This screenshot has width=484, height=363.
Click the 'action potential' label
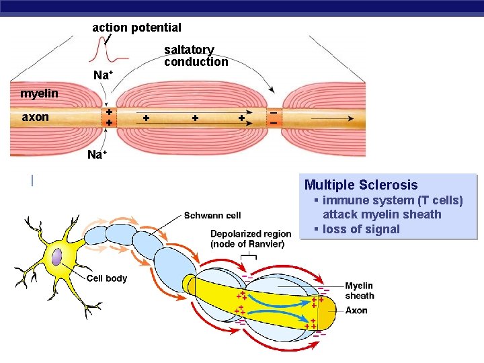[x=136, y=28]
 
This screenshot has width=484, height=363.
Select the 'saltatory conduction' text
[x=196, y=56]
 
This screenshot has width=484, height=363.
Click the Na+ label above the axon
[x=102, y=75]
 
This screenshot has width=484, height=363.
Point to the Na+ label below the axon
[x=97, y=155]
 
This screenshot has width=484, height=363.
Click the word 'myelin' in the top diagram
[x=39, y=93]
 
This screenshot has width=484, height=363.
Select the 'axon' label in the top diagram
[x=36, y=117]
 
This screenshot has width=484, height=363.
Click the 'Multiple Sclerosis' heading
[x=361, y=185]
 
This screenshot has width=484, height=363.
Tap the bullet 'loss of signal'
[x=361, y=229]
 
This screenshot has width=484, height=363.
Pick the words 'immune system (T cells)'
[x=393, y=200]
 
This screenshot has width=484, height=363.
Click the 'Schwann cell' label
[x=212, y=216]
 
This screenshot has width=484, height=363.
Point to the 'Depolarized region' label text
[x=251, y=234]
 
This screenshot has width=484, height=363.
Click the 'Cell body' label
[x=106, y=278]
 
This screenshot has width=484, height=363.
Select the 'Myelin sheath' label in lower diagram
[x=360, y=290]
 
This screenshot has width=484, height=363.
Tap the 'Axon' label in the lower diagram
[x=356, y=311]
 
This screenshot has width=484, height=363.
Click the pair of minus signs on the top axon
[x=274, y=118]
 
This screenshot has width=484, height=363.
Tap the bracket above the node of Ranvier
[x=249, y=257]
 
